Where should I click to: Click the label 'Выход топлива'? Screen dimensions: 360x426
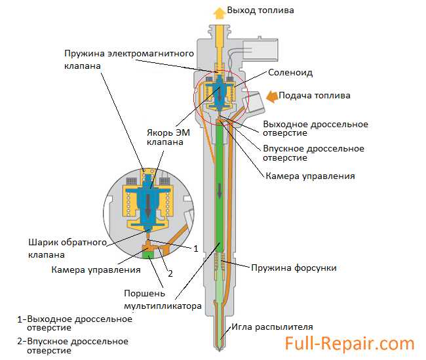click(x=260, y=10)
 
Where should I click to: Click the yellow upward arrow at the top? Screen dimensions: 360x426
click(x=218, y=11)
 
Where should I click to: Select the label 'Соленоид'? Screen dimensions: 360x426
click(x=288, y=73)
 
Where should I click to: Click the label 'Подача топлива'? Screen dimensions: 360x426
click(x=315, y=96)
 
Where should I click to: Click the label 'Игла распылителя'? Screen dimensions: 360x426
click(x=271, y=327)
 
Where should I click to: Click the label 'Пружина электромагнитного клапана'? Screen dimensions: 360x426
click(x=119, y=59)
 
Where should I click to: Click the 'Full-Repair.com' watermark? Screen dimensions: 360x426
click(x=349, y=344)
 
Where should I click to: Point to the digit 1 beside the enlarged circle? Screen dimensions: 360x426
click(x=196, y=249)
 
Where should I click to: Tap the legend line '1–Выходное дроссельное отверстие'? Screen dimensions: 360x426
click(x=75, y=324)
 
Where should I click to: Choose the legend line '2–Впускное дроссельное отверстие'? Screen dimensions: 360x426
click(x=73, y=346)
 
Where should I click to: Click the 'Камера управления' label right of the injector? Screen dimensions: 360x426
click(x=310, y=176)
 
